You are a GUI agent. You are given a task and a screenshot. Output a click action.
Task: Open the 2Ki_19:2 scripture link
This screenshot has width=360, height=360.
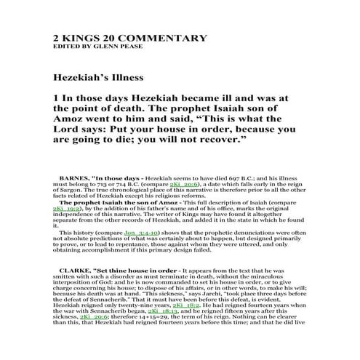(66, 207)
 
